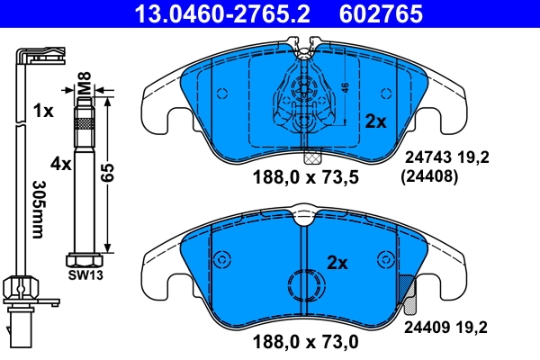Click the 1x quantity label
(x=42, y=112)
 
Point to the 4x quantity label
(x=60, y=165)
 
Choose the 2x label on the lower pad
(x=337, y=263)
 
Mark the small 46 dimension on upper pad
(x=344, y=89)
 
